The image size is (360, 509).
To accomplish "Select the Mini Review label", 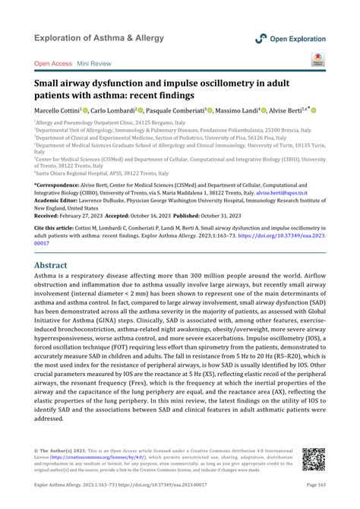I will pyautogui.click(x=96, y=65).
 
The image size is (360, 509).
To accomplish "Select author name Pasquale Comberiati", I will pyautogui.click(x=178, y=111).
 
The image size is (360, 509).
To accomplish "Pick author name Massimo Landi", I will pyautogui.click(x=238, y=111).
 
